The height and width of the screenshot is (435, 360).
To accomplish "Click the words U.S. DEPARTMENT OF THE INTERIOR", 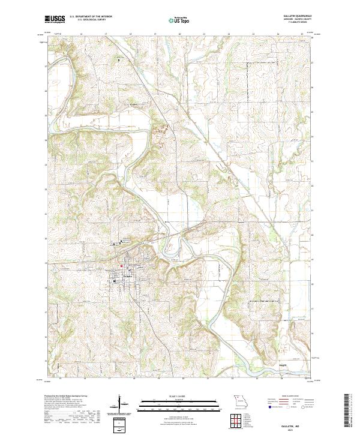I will coord(91,16).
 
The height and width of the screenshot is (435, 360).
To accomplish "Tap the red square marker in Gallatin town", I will coord(121,267).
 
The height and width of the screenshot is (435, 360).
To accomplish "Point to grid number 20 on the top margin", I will coord(180,34).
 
